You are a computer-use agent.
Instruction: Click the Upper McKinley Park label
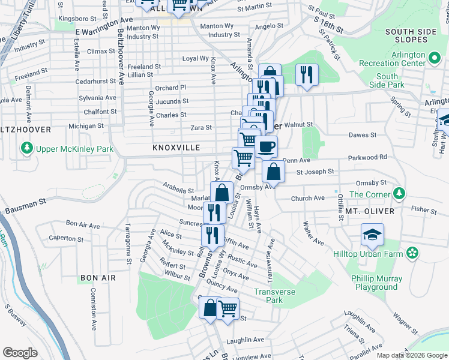click(74, 148)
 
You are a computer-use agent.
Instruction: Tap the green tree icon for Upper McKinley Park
click(26, 148)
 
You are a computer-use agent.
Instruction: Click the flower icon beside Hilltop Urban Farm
click(412, 253)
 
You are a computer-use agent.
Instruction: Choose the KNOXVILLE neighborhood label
click(176, 148)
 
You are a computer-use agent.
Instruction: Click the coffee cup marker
click(266, 146)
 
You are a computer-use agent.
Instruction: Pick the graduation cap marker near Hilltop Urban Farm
click(372, 234)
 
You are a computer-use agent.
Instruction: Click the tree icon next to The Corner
click(397, 194)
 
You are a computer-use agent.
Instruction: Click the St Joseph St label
click(315, 172)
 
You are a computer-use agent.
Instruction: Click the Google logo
click(20, 352)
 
